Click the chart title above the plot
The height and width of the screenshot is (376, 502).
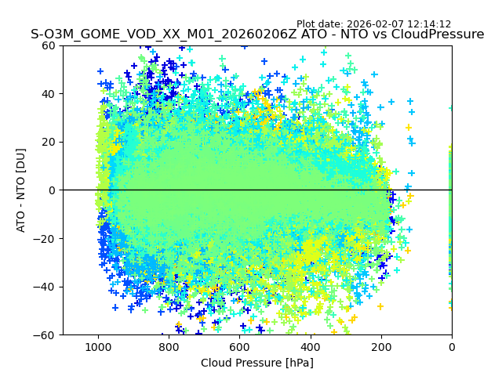point(257,34)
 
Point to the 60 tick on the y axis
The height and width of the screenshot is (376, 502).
point(49,45)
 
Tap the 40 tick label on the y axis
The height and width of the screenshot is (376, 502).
point(49,94)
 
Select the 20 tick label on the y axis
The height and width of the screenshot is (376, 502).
point(49,142)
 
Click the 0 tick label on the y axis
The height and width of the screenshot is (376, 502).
point(52,190)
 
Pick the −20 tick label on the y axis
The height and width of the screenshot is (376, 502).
point(45,239)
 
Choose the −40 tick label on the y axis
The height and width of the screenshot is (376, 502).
point(45,287)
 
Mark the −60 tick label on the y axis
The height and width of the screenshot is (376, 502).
point(45,335)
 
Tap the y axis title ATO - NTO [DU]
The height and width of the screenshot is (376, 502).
point(21,190)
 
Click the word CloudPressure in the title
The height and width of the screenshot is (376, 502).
point(440,34)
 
